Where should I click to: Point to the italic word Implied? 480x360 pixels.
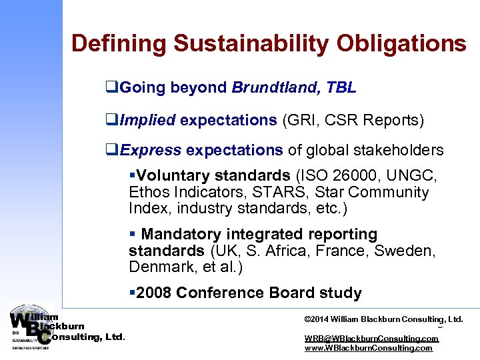coord(146,120)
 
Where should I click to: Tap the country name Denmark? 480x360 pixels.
coord(159,267)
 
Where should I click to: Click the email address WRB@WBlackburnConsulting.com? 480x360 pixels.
coord(371,338)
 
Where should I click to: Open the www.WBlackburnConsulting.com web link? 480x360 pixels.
coord(369,347)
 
